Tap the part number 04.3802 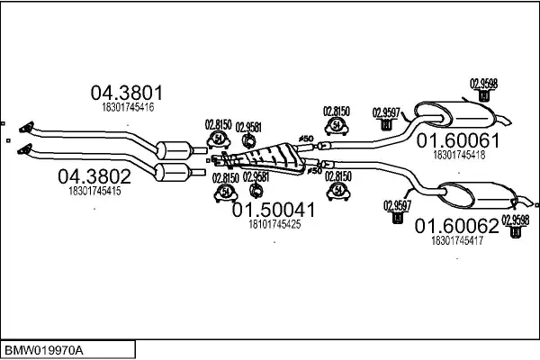94,175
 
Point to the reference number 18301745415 94,191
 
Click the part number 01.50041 274,210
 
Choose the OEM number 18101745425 274,224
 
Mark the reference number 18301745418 459,155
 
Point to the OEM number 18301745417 457,240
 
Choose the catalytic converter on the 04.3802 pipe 173,172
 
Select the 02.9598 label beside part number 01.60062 516,218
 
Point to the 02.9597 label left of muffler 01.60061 386,112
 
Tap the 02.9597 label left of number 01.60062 397,203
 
